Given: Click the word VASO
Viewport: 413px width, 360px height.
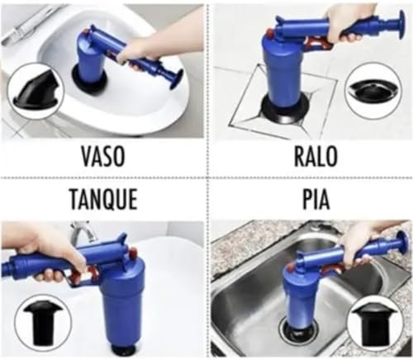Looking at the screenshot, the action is click(103, 156).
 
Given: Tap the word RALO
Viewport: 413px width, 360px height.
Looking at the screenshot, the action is click(316, 156).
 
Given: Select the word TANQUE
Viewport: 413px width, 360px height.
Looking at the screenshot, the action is click(103, 199).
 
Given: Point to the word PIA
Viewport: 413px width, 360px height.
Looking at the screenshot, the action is click(316, 199).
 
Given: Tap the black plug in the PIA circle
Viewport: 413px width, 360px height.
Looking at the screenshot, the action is click(373, 323).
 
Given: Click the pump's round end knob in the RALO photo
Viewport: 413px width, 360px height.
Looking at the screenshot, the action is click(400, 25).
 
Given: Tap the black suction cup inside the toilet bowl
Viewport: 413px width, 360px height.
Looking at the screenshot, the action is click(89, 78).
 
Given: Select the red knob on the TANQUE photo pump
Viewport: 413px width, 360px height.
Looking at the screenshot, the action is click(133, 251).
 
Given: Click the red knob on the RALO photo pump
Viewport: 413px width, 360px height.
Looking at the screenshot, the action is click(269, 36).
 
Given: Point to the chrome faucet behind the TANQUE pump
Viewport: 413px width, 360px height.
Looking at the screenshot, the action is click(83, 233).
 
